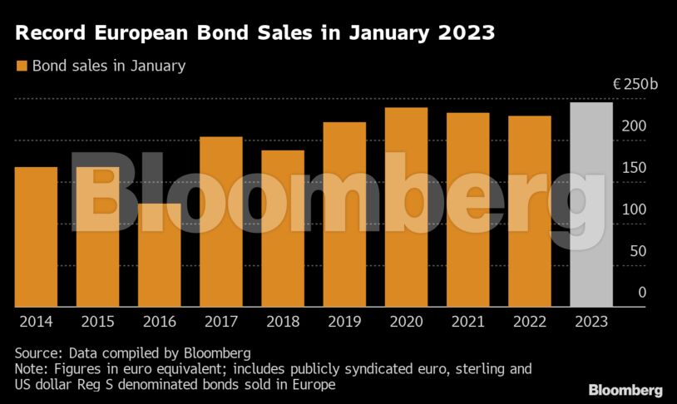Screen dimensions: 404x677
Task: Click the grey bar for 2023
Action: point(591,204)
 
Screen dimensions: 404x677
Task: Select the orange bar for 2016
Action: point(160,255)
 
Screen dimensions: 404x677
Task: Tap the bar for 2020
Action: point(406,207)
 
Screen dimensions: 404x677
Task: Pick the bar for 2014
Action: point(36,237)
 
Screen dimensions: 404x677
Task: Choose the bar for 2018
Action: point(283,229)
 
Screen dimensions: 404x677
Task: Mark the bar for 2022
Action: point(529,211)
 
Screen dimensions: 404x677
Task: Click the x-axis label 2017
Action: point(220,321)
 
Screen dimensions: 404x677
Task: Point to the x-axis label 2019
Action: point(343,321)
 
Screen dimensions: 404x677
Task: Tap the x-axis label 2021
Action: point(467,321)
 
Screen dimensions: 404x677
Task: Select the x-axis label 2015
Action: point(97,321)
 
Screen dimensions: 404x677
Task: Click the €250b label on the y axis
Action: point(635,85)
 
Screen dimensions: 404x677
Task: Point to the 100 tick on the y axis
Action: point(635,209)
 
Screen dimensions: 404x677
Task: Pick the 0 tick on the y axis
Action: point(641,293)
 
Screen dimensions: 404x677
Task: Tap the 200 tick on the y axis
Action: point(635,126)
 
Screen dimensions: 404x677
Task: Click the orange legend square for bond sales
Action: point(22,66)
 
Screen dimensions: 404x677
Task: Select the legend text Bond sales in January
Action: point(108,66)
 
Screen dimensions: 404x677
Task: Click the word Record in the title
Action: point(54,34)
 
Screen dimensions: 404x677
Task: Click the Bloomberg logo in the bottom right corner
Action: point(625,390)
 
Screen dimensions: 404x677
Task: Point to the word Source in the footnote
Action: point(36,352)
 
